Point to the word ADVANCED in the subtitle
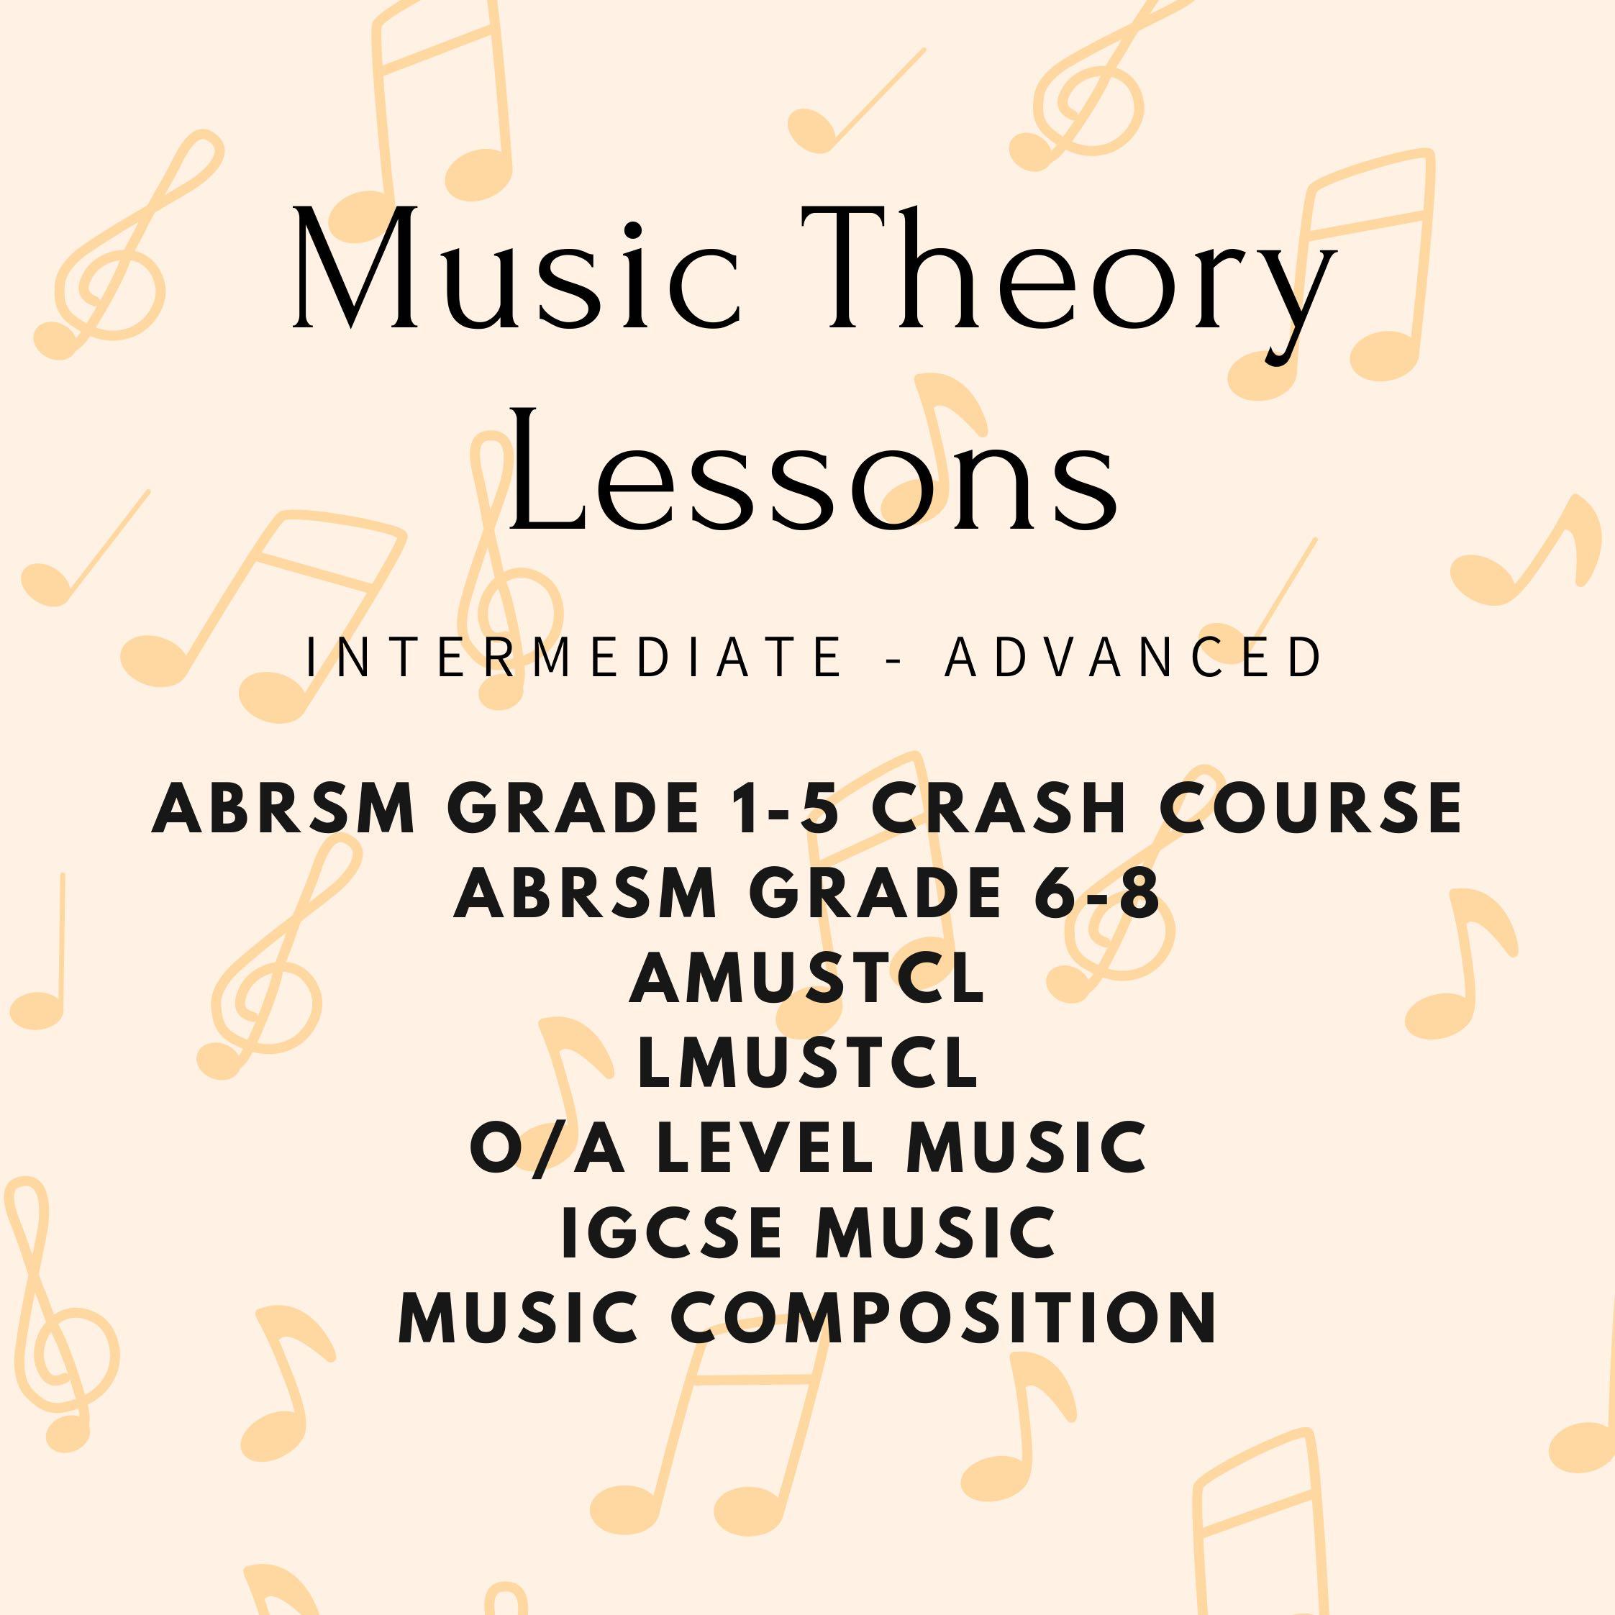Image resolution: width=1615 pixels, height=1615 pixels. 1134,658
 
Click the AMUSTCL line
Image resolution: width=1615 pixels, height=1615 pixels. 807,980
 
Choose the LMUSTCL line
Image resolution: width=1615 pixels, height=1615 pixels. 807,1064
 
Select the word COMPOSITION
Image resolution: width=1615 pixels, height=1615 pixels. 944,1318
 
